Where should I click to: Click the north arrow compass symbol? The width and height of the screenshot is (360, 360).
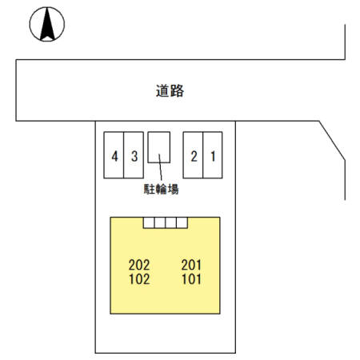pos(47,24)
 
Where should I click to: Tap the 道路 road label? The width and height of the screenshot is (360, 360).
pos(170,90)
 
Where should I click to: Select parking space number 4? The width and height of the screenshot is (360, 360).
pos(114,155)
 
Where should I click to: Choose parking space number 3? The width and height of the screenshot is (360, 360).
pos(134,155)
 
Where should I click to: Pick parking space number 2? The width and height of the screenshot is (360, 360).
pos(193,155)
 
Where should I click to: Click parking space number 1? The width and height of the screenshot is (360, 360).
pos(213,155)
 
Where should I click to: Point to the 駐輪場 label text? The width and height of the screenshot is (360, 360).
pos(161,190)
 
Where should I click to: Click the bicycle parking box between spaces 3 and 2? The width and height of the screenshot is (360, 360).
pos(159,147)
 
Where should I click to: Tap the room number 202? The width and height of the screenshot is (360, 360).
pos(139,265)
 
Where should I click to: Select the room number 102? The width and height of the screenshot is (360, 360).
pos(139,279)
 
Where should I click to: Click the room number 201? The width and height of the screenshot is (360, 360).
pos(191,265)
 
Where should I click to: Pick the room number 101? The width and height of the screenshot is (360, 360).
pos(191,279)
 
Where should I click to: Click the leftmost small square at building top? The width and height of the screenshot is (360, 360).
pos(149,222)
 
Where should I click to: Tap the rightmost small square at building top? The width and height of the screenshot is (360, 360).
pos(182,222)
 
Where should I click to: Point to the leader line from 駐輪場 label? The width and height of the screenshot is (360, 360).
pos(160,167)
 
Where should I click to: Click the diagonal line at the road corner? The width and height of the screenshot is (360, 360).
pos(332,141)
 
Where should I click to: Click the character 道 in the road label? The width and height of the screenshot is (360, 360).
pos(162,90)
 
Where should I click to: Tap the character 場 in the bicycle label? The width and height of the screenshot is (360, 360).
pos(174,190)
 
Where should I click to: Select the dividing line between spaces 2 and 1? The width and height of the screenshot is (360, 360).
pos(203,155)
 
